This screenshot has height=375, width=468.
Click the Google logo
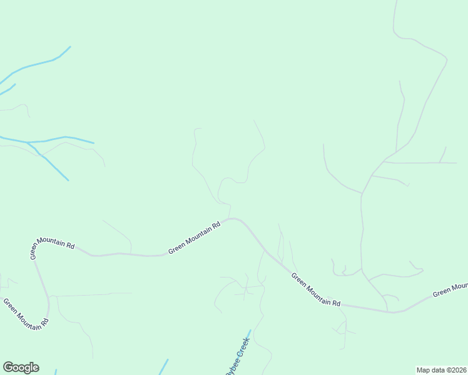[x=21, y=367]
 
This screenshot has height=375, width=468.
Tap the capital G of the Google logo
[x=8, y=367]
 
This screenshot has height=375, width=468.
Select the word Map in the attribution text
[x=424, y=370]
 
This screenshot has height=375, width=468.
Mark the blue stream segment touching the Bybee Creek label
[x=249, y=334]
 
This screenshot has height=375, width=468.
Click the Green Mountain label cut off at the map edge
[x=450, y=289]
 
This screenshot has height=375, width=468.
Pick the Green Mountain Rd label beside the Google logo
[x=26, y=314]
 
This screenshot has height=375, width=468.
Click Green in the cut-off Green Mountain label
[x=442, y=292]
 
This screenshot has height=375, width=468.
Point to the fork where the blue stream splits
[x=28, y=142]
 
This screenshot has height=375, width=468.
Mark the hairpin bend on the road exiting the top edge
[x=446, y=61]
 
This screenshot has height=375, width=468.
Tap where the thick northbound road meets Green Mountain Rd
[x=387, y=311]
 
